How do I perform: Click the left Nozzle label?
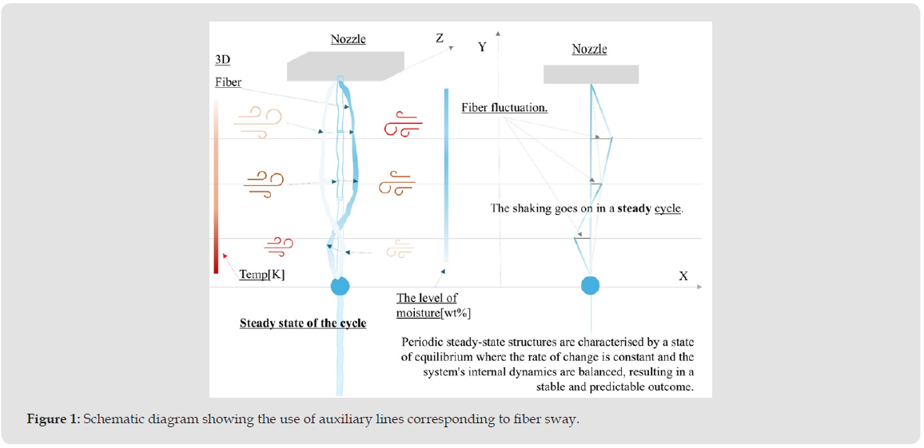tap(348, 39)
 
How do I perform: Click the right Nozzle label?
tap(589, 50)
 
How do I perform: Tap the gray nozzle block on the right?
tap(591, 74)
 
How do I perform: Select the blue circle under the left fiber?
tap(341, 287)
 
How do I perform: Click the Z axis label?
tap(440, 38)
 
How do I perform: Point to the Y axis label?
tap(482, 47)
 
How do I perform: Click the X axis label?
tap(683, 276)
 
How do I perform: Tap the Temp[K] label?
tap(262, 275)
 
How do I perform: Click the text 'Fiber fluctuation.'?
tap(504, 108)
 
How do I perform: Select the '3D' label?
tap(223, 60)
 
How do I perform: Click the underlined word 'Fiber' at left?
tap(228, 82)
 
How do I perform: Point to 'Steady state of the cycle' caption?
tap(303, 323)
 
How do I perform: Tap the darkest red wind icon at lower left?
tap(279, 246)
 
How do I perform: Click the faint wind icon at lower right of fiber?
tap(400, 250)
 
